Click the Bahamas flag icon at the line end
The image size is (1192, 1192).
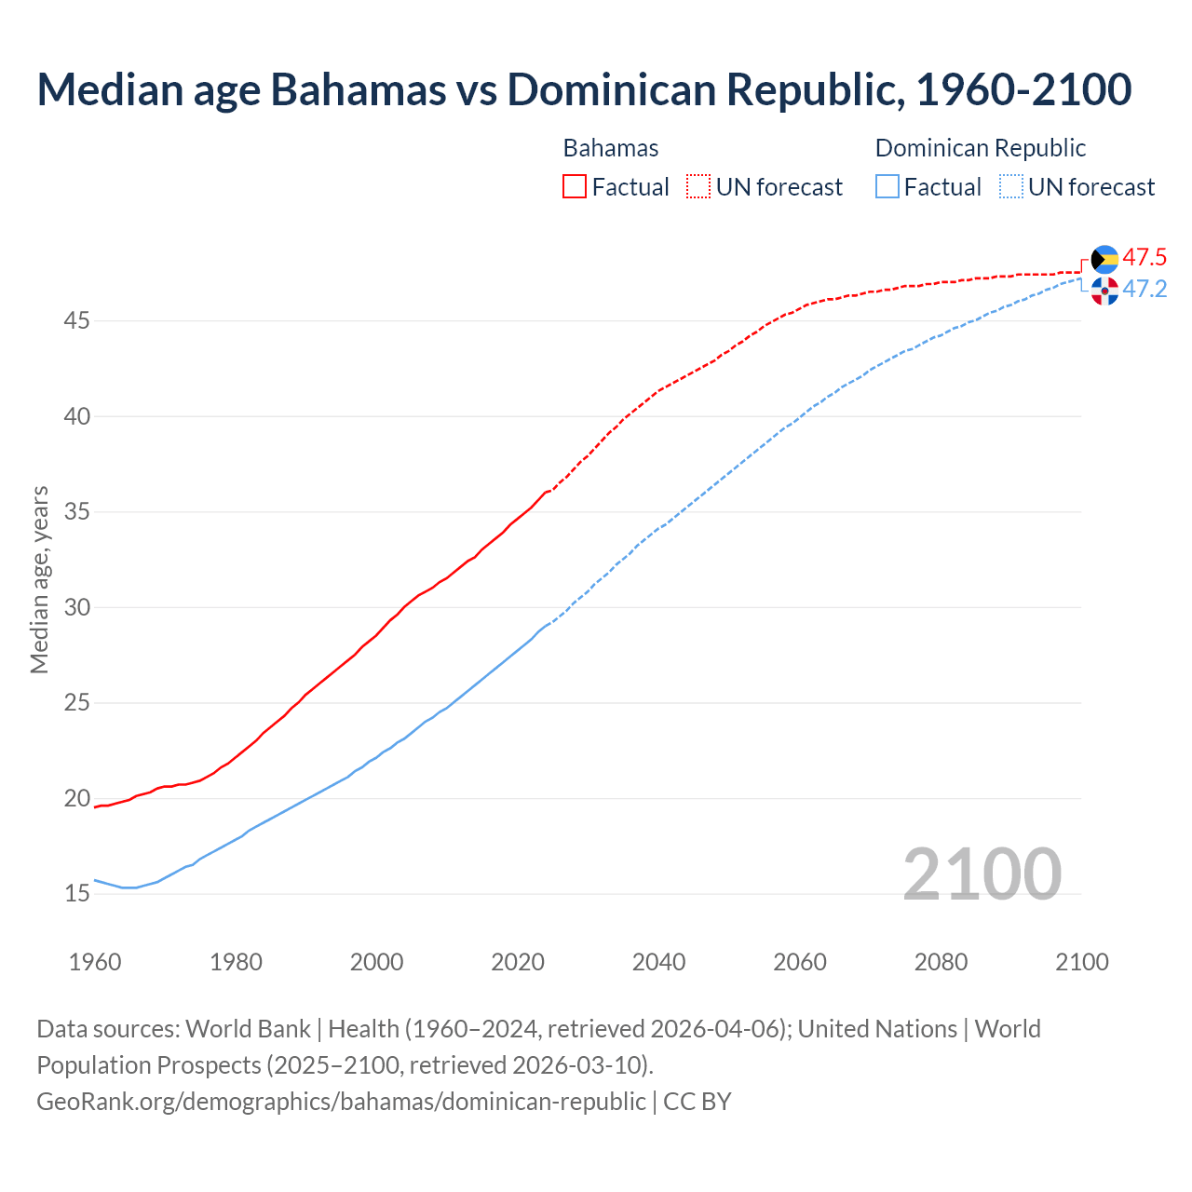tap(1104, 259)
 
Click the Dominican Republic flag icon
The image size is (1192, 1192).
tap(1104, 291)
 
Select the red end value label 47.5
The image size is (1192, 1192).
tap(1145, 257)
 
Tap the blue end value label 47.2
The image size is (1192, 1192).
tap(1145, 290)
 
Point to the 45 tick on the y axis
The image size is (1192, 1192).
tap(77, 321)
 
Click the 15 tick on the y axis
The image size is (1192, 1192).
tap(77, 894)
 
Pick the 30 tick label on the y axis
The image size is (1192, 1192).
tap(77, 607)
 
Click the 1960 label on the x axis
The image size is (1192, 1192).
tap(95, 962)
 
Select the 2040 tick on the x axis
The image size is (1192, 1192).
tap(658, 962)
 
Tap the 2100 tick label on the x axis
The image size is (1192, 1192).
tap(1081, 962)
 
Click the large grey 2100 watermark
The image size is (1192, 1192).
tap(982, 874)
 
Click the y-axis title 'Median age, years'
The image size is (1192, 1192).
tap(39, 579)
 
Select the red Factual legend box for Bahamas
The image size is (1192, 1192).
tap(575, 187)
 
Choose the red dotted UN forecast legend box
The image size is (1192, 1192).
tap(698, 187)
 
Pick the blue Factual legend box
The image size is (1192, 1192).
tap(887, 187)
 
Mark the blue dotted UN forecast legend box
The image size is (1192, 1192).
tap(1011, 187)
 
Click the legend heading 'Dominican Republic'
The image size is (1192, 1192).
tap(981, 148)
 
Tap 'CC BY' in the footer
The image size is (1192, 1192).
tap(698, 1102)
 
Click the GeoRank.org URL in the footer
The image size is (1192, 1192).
tap(341, 1102)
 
